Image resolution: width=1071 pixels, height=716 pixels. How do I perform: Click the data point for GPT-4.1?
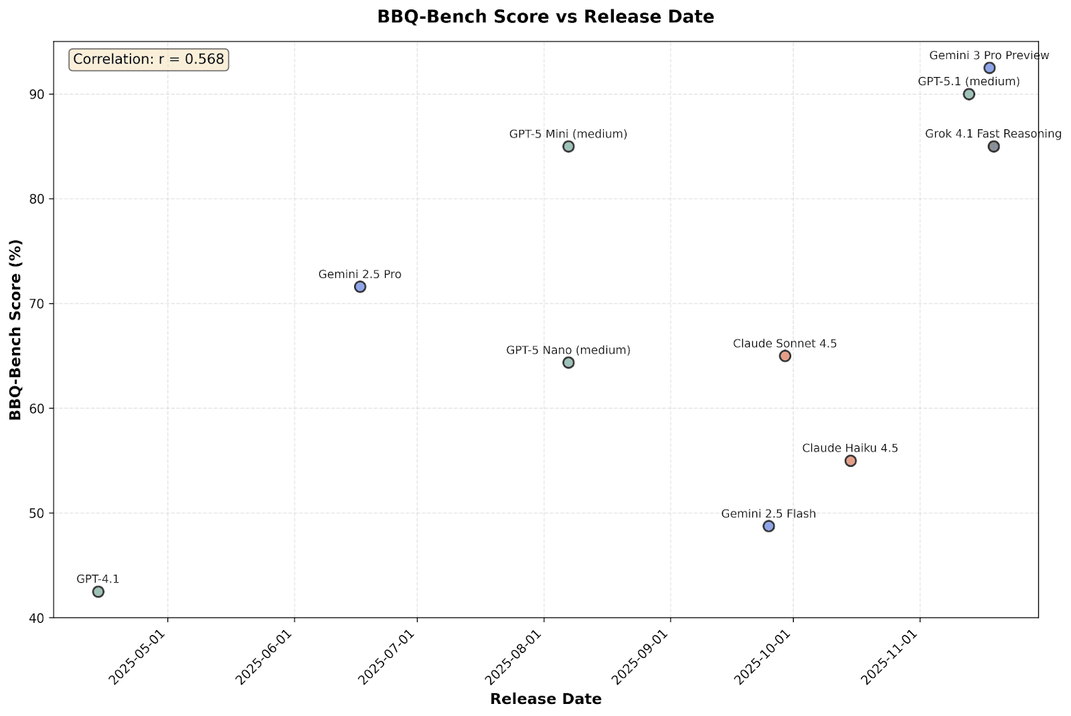click(x=98, y=591)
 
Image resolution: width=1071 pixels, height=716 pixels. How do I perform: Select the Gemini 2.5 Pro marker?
click(x=360, y=287)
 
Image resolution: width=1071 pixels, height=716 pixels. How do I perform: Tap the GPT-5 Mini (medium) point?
click(x=568, y=147)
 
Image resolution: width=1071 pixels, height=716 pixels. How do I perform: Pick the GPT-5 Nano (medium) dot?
click(x=568, y=362)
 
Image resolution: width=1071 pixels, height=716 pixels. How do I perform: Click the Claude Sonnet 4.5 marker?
click(x=785, y=356)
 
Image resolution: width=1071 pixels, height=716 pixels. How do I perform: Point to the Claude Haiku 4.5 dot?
click(x=851, y=461)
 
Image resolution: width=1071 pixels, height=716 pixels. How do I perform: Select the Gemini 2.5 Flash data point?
click(x=768, y=526)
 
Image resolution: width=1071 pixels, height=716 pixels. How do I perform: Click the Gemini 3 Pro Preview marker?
click(x=989, y=68)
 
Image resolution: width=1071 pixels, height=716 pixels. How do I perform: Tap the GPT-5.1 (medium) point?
click(x=969, y=94)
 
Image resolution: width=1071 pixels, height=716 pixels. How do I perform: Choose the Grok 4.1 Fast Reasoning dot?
click(x=993, y=147)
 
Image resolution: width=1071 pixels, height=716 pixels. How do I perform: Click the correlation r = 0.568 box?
click(x=149, y=60)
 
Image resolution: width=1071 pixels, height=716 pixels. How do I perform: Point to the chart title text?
click(x=546, y=17)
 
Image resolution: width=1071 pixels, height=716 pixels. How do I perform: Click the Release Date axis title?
click(x=546, y=699)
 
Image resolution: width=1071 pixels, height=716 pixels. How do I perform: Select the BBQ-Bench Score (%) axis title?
click(x=15, y=330)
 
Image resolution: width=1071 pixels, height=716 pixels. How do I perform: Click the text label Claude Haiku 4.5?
click(x=850, y=448)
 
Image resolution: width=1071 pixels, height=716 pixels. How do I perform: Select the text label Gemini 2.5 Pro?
click(x=360, y=274)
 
